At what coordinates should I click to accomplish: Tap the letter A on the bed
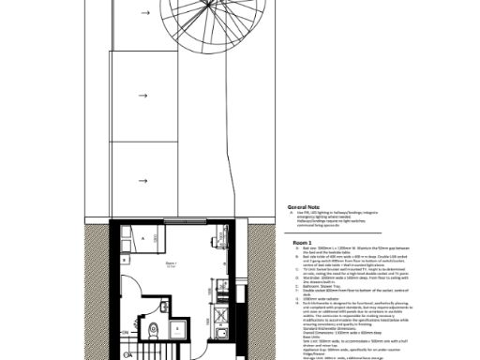(x=142, y=240)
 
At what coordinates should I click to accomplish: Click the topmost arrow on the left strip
(x=142, y=13)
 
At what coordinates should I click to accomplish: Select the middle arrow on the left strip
(x=142, y=96)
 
